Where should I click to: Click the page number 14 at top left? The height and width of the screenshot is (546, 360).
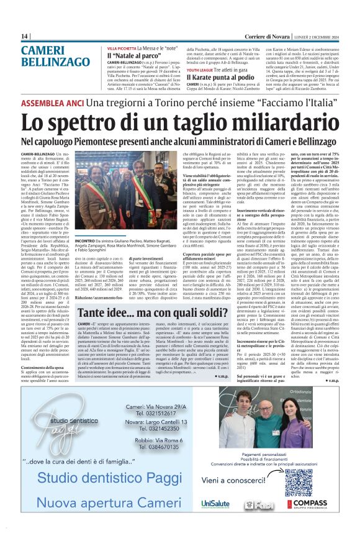click(24, 35)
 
